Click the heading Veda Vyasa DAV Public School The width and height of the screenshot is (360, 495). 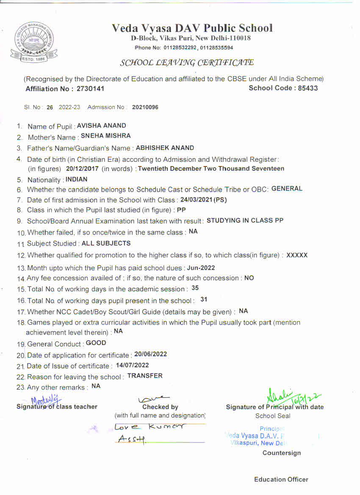tap(192, 28)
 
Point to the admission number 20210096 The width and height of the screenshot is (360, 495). tap(145, 108)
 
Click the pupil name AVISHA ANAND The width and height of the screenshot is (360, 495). tap(102, 126)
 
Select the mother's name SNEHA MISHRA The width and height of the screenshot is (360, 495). tap(106, 136)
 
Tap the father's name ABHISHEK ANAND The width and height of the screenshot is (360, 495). tap(165, 148)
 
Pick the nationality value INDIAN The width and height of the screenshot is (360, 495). tap(77, 180)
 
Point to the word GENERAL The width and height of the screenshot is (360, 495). tap(287, 189)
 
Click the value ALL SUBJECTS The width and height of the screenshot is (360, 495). tap(106, 243)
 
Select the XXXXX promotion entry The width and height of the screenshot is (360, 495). tap(297, 255)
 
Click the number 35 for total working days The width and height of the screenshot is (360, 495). tap(195, 288)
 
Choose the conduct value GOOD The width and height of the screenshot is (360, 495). tap(96, 343)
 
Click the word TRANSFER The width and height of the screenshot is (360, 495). tap(145, 376)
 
